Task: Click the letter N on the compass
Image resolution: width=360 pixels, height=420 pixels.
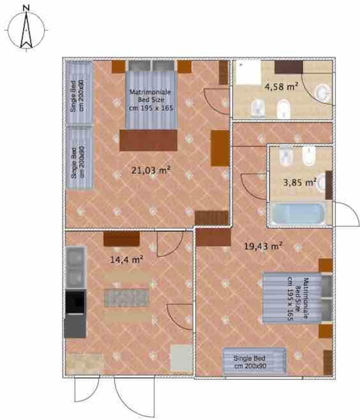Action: (x=26, y=8)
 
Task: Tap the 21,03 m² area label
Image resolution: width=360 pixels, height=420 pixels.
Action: (x=151, y=170)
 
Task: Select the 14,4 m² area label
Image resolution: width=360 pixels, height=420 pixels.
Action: (x=126, y=259)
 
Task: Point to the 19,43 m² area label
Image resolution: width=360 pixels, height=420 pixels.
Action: (x=263, y=246)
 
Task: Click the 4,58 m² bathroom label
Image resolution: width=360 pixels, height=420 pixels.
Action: (x=281, y=87)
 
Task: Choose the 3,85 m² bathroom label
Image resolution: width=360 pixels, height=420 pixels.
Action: (x=299, y=182)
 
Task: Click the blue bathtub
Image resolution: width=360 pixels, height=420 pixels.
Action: (x=297, y=214)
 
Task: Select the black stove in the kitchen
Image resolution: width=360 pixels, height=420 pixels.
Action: (x=76, y=302)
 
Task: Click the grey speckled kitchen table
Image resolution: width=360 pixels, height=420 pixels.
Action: (x=126, y=297)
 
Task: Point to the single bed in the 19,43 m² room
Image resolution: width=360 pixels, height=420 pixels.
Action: (x=254, y=361)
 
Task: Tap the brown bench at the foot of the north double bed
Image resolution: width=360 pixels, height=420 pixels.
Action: (x=148, y=140)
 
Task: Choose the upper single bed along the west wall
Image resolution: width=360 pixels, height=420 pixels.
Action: (x=79, y=92)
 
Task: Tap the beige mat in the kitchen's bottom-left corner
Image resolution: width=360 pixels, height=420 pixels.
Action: (x=84, y=363)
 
